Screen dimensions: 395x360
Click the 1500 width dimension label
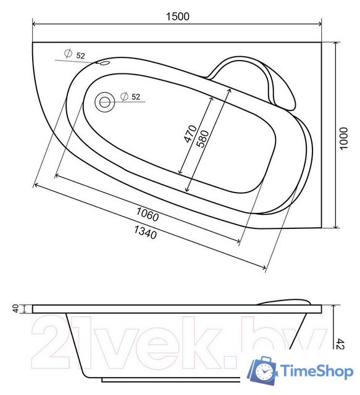pos(177,17)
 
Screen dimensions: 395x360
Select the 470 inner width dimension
pos(191,135)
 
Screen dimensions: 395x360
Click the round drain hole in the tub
pos(105,102)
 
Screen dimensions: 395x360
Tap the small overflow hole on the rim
pos(103,62)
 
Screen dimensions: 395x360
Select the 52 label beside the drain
pos(136,97)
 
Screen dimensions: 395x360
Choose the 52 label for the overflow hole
pos(81,56)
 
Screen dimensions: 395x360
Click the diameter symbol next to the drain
pos(124,96)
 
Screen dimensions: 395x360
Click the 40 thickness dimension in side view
pos(17,308)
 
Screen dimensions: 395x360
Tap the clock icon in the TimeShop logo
pos(264,372)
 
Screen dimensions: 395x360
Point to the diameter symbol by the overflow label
pos(68,54)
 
